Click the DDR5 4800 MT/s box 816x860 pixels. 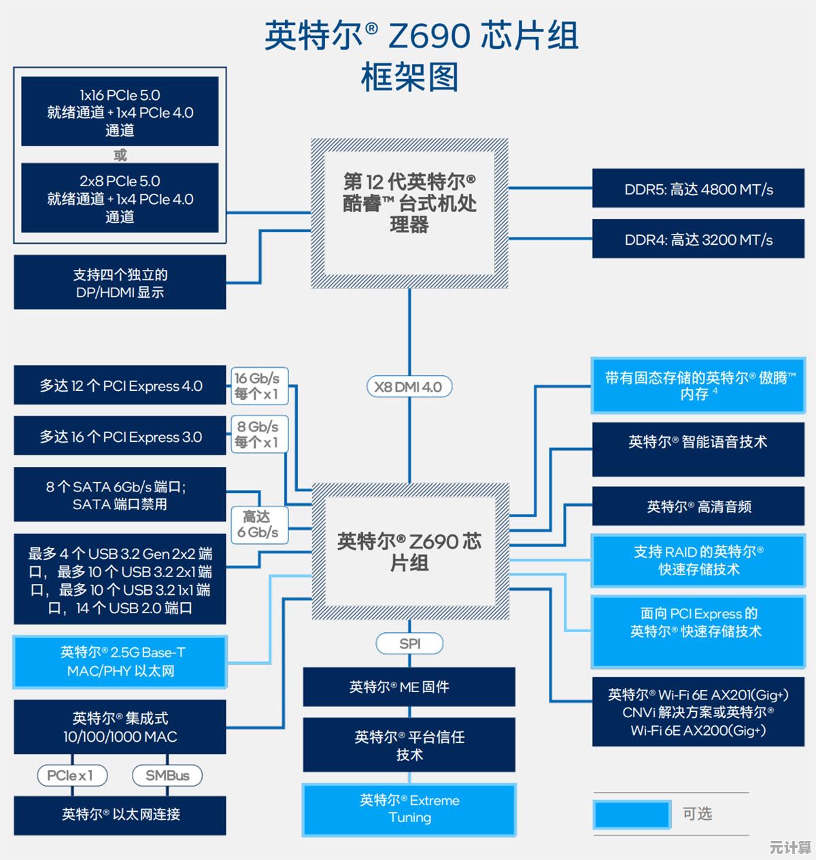(x=698, y=189)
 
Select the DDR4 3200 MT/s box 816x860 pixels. (x=698, y=239)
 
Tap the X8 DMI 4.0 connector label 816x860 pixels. (x=409, y=387)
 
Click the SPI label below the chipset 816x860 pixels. (x=409, y=643)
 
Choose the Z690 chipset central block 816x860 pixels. (x=409, y=551)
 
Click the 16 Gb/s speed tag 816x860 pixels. (x=257, y=385)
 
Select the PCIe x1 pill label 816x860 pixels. (x=70, y=775)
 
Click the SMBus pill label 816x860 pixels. (x=167, y=775)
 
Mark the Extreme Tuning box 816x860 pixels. (x=409, y=809)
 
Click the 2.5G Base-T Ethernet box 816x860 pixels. (x=120, y=661)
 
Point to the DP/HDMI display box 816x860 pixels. (x=120, y=283)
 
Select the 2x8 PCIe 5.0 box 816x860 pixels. (x=120, y=199)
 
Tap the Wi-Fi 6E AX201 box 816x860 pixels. (x=698, y=712)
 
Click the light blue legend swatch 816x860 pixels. (x=632, y=814)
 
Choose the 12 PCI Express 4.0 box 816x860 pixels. (x=120, y=386)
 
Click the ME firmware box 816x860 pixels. (x=409, y=687)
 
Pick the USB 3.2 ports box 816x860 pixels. (x=120, y=580)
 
